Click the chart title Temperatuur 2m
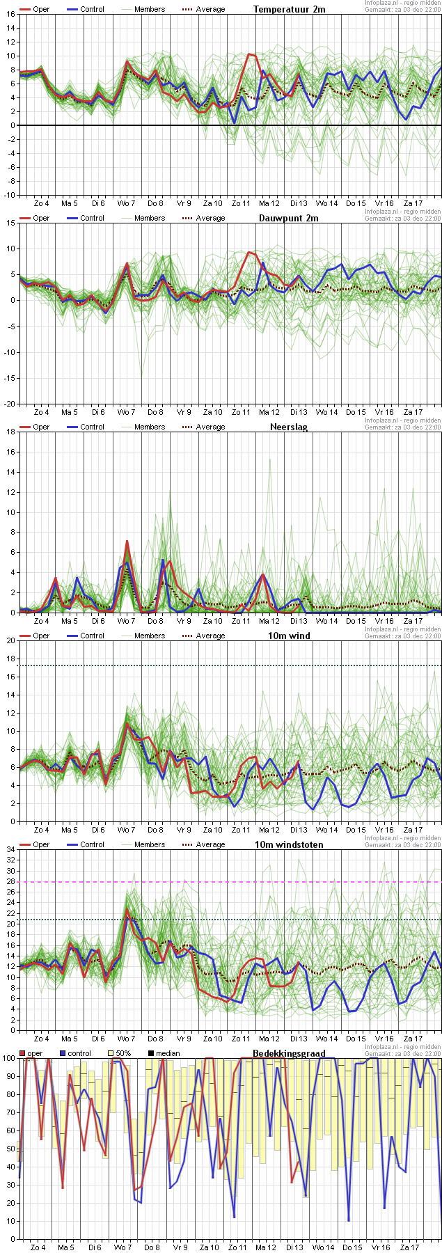(x=289, y=9)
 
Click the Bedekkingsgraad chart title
(x=289, y=1053)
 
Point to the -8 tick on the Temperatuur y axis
(x=10, y=181)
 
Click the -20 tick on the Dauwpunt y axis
(x=9, y=404)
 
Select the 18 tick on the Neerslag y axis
(x=10, y=432)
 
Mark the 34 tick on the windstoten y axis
(x=10, y=849)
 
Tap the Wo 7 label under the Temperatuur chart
(x=126, y=203)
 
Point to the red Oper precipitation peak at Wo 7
(x=127, y=541)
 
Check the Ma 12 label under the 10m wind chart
(x=269, y=830)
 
